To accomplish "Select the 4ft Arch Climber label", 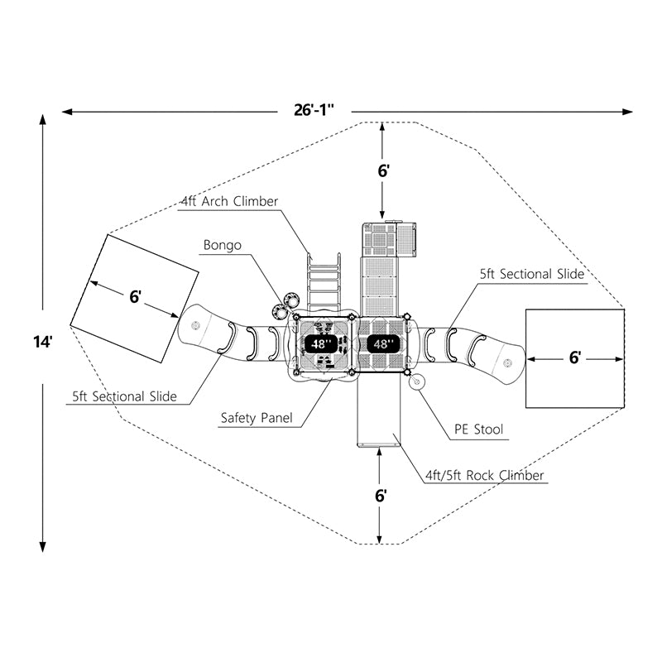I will click(x=229, y=201).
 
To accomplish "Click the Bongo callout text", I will click(x=223, y=245).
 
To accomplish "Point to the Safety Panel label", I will click(x=257, y=419).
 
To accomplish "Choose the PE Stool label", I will click(x=478, y=429).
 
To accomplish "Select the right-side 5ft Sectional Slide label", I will click(x=532, y=274).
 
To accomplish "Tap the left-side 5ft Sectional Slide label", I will click(x=124, y=396).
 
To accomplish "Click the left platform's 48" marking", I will click(x=319, y=343).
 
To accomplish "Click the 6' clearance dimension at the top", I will click(x=382, y=170).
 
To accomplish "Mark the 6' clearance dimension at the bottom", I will click(x=381, y=496).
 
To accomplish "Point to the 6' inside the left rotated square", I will click(x=136, y=297).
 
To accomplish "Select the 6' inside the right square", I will click(x=575, y=357).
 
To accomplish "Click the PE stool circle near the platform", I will click(x=416, y=381).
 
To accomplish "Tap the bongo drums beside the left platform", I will click(x=286, y=303).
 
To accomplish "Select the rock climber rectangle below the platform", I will click(x=378, y=414).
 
